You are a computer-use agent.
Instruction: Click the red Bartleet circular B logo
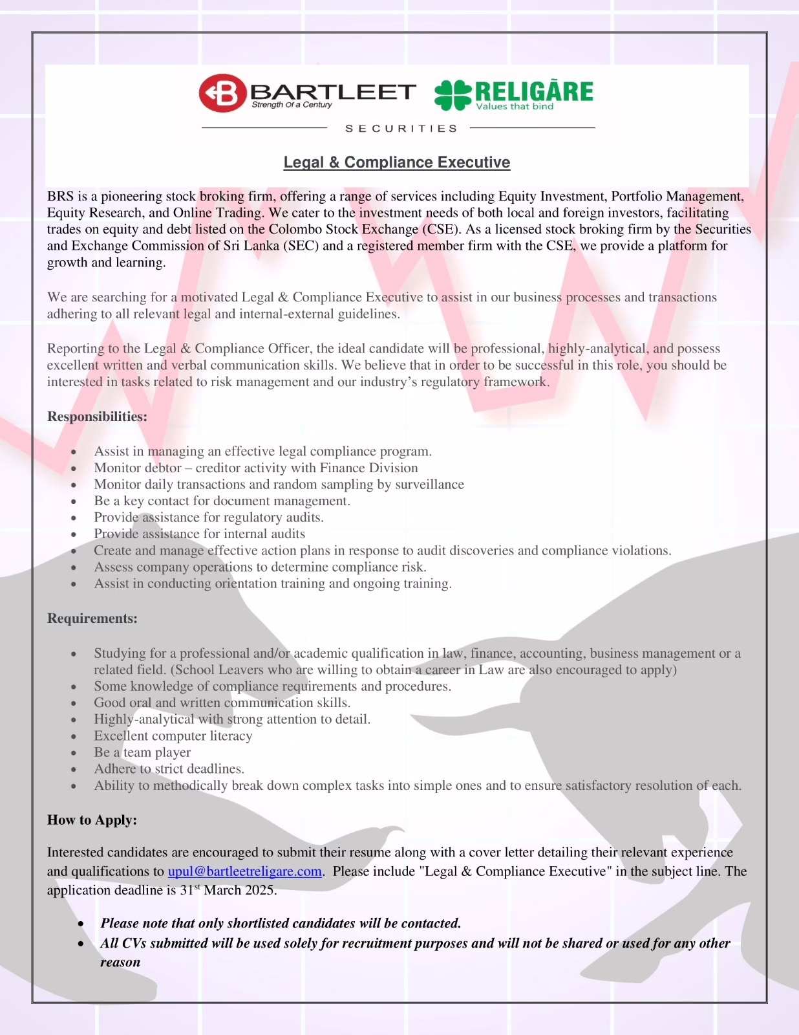(x=222, y=93)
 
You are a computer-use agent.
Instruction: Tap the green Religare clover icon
(x=453, y=94)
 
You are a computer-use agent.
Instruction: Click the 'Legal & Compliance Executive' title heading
(x=397, y=162)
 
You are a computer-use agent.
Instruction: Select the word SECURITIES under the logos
(x=401, y=129)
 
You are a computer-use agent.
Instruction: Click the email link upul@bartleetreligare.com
(x=245, y=871)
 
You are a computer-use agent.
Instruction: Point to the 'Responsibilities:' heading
(x=97, y=417)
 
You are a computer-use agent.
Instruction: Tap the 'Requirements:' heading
(x=92, y=618)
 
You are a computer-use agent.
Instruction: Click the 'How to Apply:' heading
(x=92, y=820)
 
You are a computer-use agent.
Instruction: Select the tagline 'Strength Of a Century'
(x=292, y=105)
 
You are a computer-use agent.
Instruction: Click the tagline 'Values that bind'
(x=515, y=107)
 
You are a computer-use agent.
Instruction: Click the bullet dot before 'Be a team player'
(x=74, y=753)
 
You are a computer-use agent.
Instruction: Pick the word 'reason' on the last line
(x=120, y=963)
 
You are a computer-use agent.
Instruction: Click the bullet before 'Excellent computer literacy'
(x=74, y=737)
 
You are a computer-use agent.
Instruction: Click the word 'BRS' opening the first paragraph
(x=60, y=197)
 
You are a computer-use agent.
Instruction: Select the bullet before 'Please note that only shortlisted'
(x=81, y=924)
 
